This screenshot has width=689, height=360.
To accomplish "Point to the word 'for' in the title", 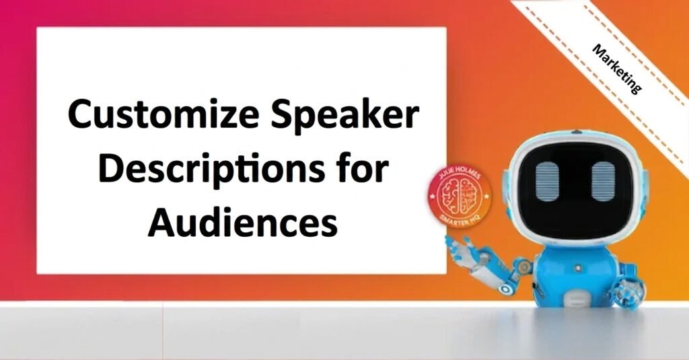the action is click(365, 168).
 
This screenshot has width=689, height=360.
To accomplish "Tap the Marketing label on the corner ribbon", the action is click(616, 69).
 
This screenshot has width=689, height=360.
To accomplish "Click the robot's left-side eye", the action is click(546, 182).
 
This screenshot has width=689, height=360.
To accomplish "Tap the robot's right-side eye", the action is click(603, 182).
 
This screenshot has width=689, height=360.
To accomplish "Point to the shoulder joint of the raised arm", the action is click(525, 265).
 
